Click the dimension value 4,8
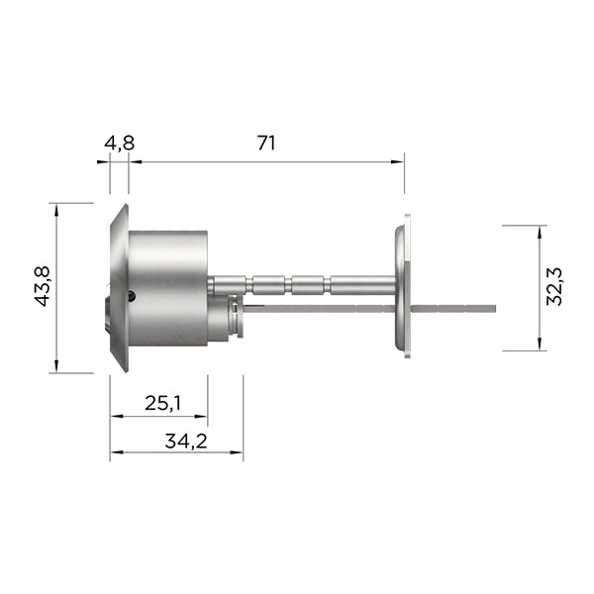120,144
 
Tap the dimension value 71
266,143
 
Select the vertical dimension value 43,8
42,286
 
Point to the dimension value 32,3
555,286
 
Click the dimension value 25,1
162,403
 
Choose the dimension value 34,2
186,441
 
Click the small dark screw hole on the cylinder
132,295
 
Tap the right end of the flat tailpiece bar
495,308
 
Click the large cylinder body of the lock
168,288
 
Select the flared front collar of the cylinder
120,288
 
